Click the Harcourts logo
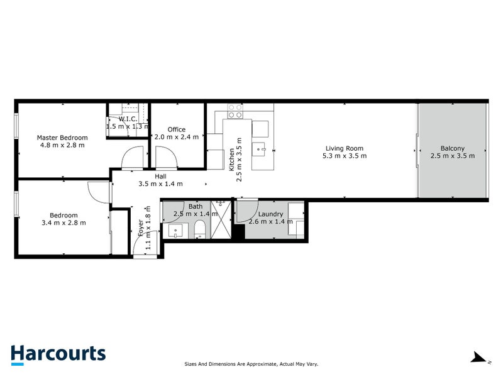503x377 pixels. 58,353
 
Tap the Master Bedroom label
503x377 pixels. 62,137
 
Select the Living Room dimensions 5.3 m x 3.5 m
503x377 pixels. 344,156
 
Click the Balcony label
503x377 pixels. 452,148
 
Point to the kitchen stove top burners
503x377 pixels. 235,111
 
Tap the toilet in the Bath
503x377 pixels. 199,229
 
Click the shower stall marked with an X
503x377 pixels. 222,220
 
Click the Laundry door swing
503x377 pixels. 247,211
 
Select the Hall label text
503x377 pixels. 160,177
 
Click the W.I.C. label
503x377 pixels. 128,118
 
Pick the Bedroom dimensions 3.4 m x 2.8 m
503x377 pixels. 64,222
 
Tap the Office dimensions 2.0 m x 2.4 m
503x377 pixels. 177,137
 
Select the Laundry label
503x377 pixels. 270,214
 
